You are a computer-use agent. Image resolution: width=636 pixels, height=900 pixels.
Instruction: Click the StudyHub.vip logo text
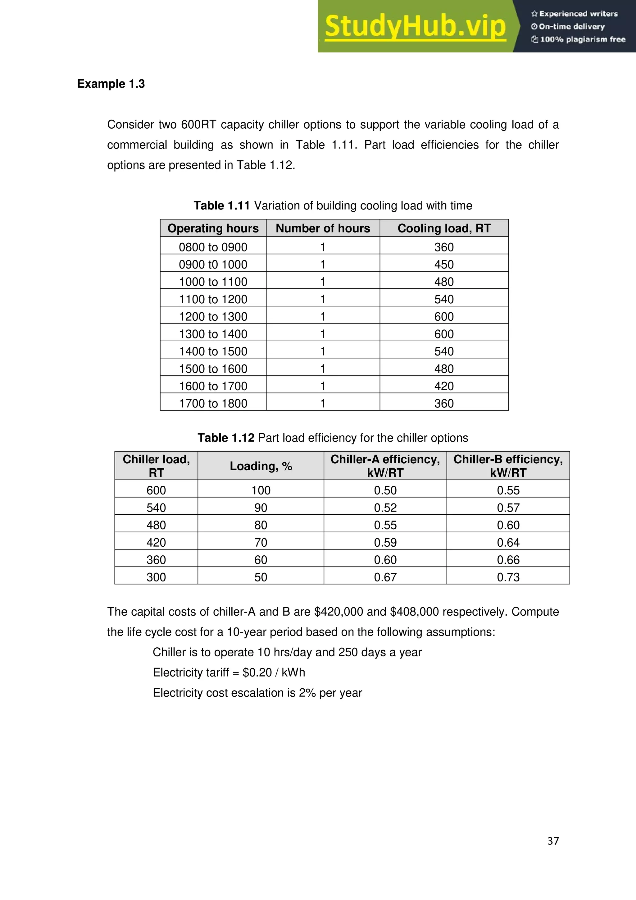click(415, 27)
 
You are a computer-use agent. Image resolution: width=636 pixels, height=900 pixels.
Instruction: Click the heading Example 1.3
click(111, 84)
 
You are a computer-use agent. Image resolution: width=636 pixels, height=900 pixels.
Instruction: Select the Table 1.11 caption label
click(221, 205)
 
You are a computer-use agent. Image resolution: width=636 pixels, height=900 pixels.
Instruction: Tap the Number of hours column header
click(323, 228)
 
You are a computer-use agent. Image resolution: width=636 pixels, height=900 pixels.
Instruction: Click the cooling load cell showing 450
click(444, 264)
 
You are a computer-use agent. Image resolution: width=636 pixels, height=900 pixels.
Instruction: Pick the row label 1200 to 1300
click(213, 317)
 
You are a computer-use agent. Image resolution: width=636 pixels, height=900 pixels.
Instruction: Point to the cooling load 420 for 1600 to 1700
click(444, 386)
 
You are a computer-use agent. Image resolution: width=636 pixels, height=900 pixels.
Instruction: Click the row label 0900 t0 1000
click(213, 264)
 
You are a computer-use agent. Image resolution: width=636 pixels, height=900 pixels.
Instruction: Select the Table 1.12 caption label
click(226, 438)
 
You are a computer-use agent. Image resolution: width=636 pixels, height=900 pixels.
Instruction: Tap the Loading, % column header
click(261, 466)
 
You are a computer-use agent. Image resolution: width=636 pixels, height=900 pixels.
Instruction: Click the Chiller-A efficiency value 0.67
click(385, 577)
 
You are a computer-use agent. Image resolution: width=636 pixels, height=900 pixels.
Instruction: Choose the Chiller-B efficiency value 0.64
click(508, 543)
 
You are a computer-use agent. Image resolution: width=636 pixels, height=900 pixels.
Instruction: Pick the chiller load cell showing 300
click(156, 577)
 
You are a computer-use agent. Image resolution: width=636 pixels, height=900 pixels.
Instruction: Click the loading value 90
click(261, 508)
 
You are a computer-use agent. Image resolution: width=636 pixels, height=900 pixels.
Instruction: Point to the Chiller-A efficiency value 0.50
click(385, 490)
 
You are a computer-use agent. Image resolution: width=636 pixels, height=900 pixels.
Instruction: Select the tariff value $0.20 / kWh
click(274, 673)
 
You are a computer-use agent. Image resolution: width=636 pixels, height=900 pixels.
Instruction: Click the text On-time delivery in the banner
click(571, 27)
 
